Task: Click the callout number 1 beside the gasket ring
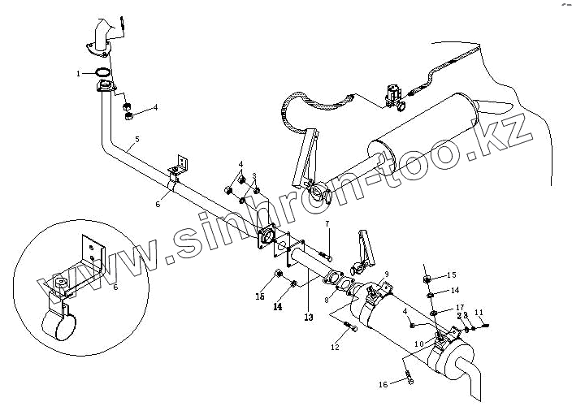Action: (x=79, y=73)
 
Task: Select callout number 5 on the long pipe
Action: (x=136, y=140)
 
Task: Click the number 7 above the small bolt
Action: (x=327, y=223)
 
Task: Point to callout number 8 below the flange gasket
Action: (x=327, y=300)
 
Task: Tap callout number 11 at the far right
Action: (x=479, y=313)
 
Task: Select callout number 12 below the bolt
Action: (x=335, y=348)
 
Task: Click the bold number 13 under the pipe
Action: (x=309, y=316)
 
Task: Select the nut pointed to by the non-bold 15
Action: (x=426, y=279)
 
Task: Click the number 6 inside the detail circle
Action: (x=115, y=287)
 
